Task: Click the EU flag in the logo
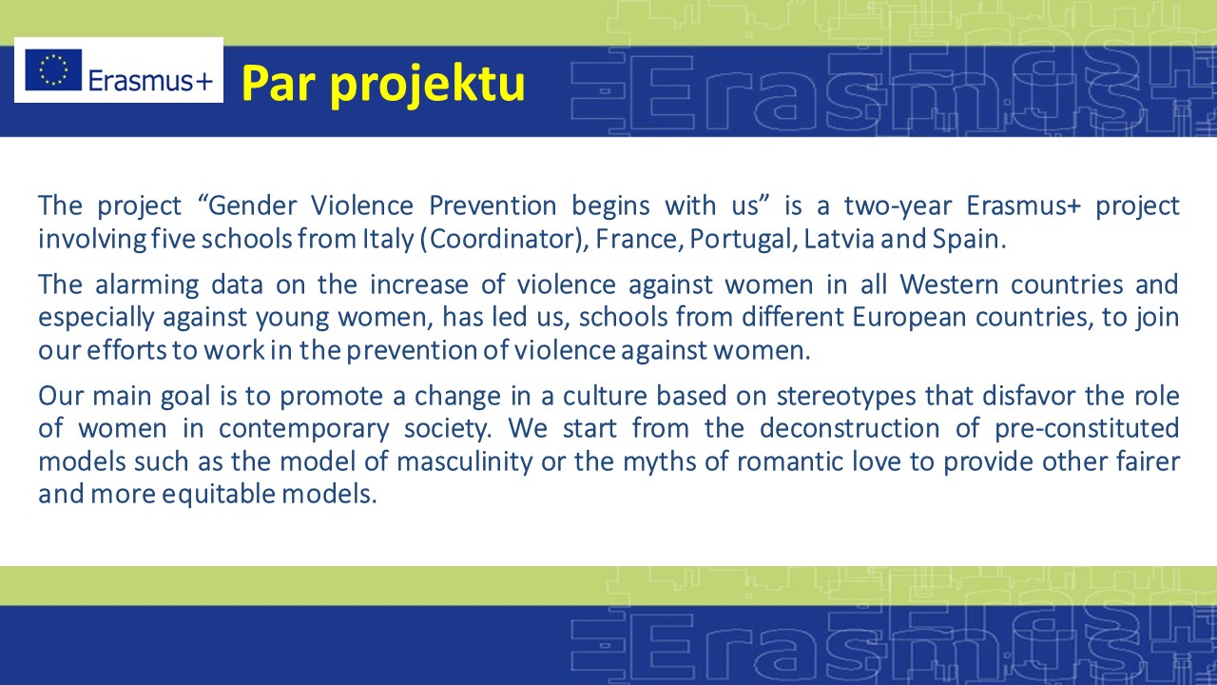click(53, 69)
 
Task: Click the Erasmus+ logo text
click(150, 82)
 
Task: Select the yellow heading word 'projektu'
click(428, 85)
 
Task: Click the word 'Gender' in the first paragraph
click(253, 205)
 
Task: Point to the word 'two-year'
click(898, 206)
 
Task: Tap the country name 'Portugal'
click(739, 239)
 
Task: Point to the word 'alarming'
click(146, 285)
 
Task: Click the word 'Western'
click(949, 284)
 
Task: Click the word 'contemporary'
click(304, 429)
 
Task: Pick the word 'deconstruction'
click(850, 428)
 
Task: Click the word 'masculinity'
click(465, 462)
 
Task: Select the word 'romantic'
click(790, 462)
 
